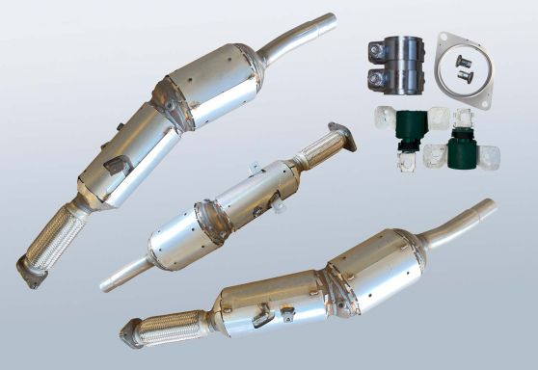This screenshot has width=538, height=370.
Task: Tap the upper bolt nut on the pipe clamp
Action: pyautogui.click(x=372, y=48)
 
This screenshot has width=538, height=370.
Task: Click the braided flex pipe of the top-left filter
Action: pyautogui.click(x=48, y=239)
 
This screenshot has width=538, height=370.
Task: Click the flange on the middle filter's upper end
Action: pyautogui.click(x=336, y=132)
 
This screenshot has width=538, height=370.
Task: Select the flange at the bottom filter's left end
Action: pyautogui.click(x=130, y=338)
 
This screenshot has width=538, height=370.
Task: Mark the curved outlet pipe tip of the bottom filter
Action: pyautogui.click(x=491, y=205)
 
